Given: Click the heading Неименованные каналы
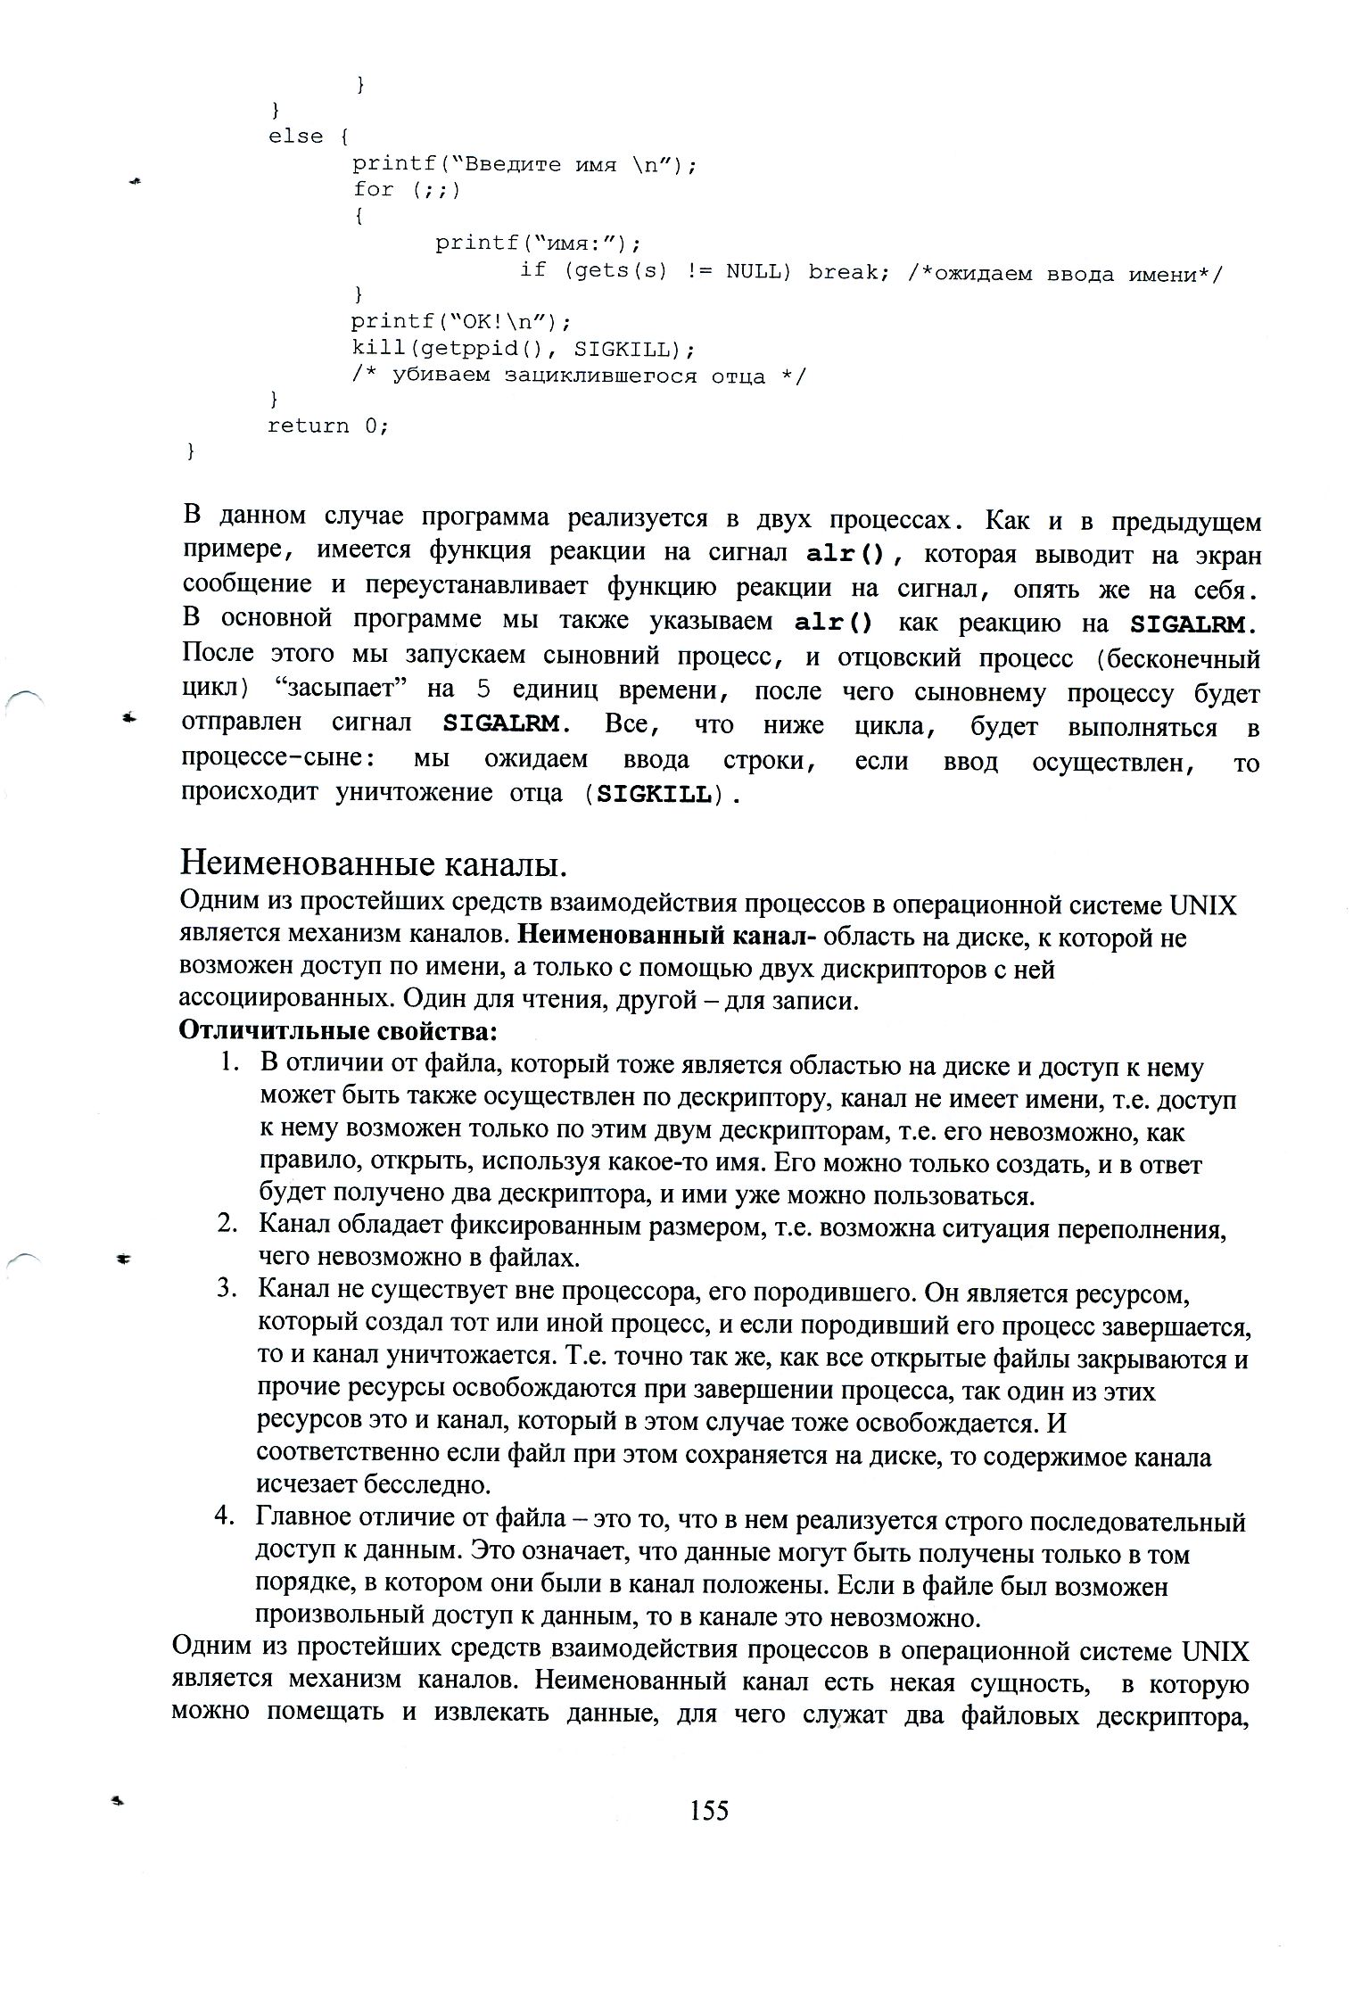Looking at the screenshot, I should [x=374, y=863].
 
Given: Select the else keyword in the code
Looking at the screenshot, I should [x=295, y=136].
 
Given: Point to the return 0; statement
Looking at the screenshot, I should [x=328, y=425].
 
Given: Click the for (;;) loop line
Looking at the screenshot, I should [x=406, y=189].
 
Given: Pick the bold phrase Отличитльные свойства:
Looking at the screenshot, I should [x=338, y=1031].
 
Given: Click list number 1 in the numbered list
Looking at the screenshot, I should [x=230, y=1063].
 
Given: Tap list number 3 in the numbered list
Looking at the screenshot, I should [x=227, y=1290].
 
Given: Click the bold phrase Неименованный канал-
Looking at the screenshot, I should [x=667, y=936].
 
